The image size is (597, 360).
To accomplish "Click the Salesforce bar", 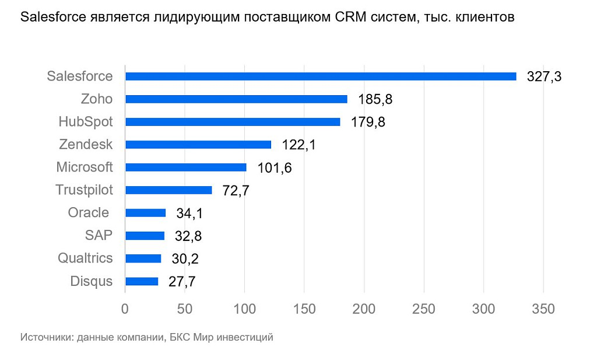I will click(321, 76).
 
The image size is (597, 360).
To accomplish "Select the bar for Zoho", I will click(236, 99).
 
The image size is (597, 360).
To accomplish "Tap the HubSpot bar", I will click(233, 122).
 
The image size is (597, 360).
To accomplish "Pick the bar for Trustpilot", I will click(168, 190).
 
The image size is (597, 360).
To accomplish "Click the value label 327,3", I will click(543, 76).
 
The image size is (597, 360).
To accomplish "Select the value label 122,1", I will click(298, 145).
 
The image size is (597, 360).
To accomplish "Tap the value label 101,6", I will click(274, 167).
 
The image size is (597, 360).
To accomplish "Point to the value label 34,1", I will click(189, 213).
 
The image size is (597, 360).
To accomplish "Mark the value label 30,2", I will click(185, 258).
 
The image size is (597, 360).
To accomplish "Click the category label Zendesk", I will click(86, 144).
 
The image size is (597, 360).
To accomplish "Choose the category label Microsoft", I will click(85, 167).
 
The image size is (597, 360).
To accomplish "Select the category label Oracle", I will click(89, 212).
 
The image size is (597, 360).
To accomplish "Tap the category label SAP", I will click(99, 235).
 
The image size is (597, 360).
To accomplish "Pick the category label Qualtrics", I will click(85, 258).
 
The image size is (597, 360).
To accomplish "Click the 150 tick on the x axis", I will click(304, 309).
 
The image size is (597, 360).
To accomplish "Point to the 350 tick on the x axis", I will click(543, 309).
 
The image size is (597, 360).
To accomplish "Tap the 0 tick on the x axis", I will click(125, 309).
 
